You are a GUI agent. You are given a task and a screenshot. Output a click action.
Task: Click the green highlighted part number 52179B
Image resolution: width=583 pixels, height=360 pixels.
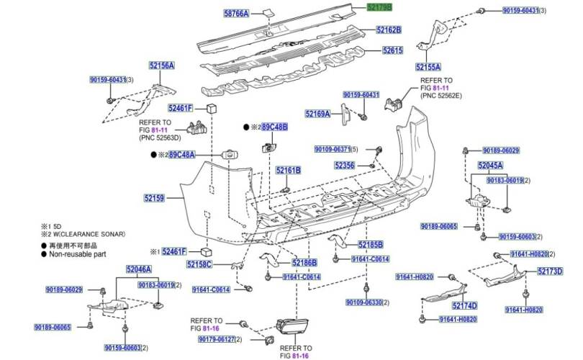click(379, 7)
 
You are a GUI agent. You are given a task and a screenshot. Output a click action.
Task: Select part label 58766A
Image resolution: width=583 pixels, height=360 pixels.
click(236, 14)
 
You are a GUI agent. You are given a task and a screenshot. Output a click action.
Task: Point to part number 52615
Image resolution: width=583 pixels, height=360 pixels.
click(392, 51)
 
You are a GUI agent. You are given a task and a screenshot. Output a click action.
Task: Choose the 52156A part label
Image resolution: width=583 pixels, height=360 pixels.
click(162, 66)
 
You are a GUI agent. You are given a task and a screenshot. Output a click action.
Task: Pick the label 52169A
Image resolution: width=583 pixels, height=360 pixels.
click(317, 114)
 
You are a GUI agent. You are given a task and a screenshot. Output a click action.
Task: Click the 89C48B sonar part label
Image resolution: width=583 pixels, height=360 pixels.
click(274, 127)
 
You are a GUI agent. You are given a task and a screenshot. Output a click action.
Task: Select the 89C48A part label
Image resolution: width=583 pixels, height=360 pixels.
click(182, 155)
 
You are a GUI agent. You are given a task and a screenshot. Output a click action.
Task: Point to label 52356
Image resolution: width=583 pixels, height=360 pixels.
click(344, 166)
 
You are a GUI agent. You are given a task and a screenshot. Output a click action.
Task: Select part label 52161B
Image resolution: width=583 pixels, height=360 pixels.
click(288, 171)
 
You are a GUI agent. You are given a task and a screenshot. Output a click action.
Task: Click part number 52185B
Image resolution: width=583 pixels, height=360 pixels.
click(371, 245)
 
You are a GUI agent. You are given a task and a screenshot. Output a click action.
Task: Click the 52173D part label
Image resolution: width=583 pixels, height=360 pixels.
click(550, 271)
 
